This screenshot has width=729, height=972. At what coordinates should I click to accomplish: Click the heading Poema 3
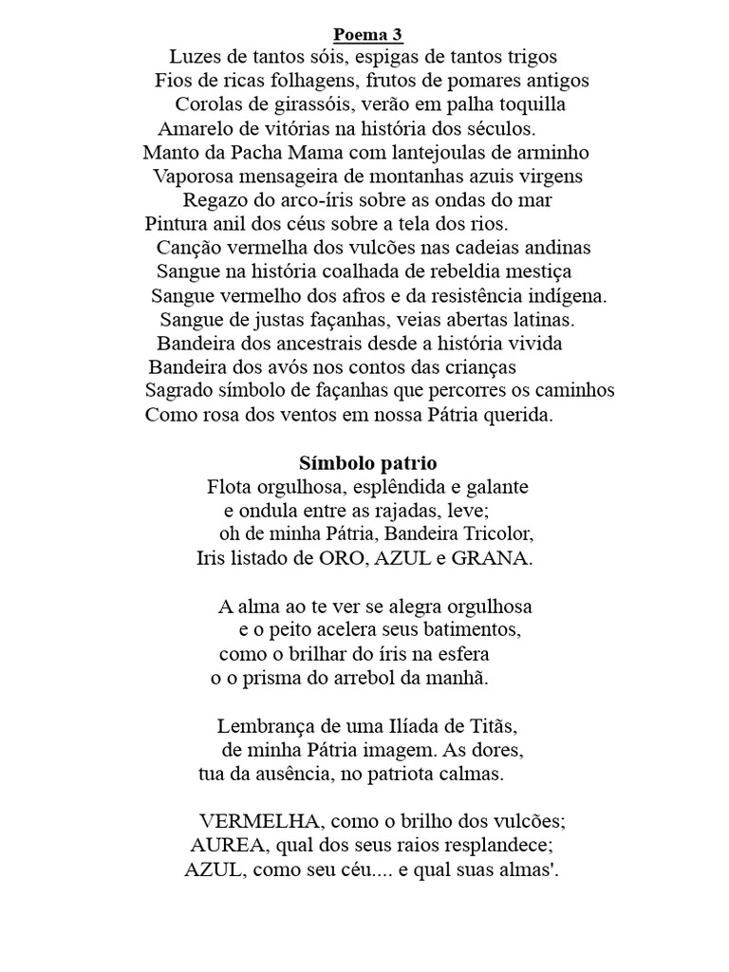pyautogui.click(x=368, y=36)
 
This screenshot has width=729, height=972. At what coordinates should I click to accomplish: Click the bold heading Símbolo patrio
pyautogui.click(x=367, y=464)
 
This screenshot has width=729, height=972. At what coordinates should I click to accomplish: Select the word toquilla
pyautogui.click(x=527, y=104)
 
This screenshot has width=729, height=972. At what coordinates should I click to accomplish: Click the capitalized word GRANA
pyautogui.click(x=498, y=558)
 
